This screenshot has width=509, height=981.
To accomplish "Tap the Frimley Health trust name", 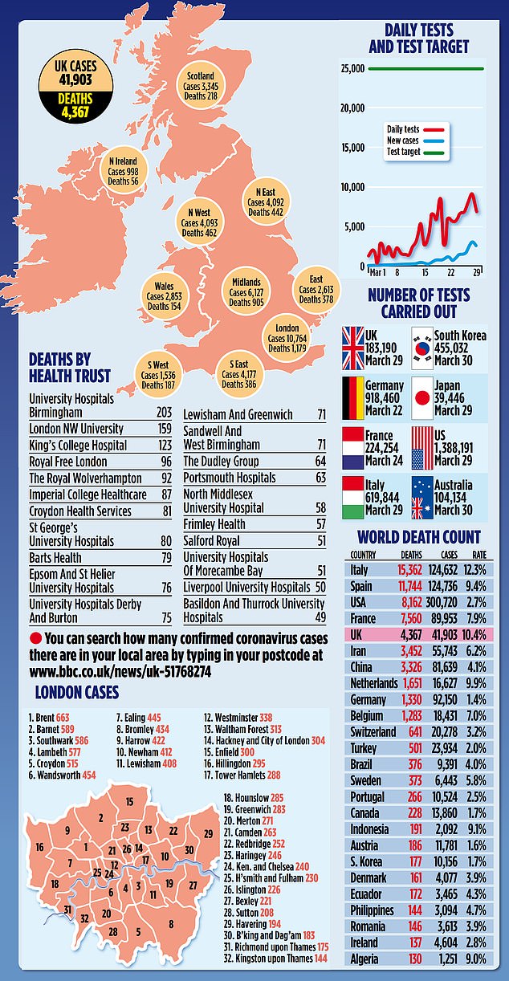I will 214,523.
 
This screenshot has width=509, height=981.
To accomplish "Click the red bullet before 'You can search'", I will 35,638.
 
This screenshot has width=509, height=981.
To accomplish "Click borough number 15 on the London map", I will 128,801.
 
